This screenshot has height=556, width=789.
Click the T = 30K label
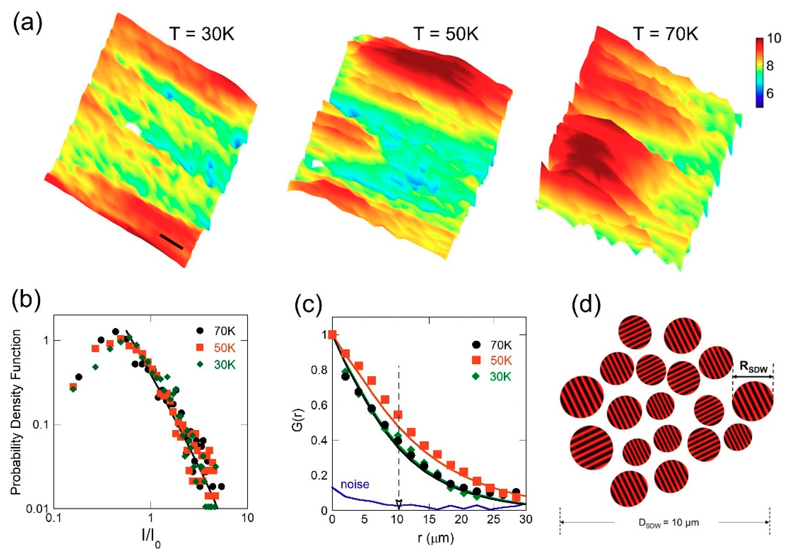202,35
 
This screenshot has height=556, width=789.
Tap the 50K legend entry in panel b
216,348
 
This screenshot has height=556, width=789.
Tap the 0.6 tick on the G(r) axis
319,405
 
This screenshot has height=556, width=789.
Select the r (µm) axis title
435,538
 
